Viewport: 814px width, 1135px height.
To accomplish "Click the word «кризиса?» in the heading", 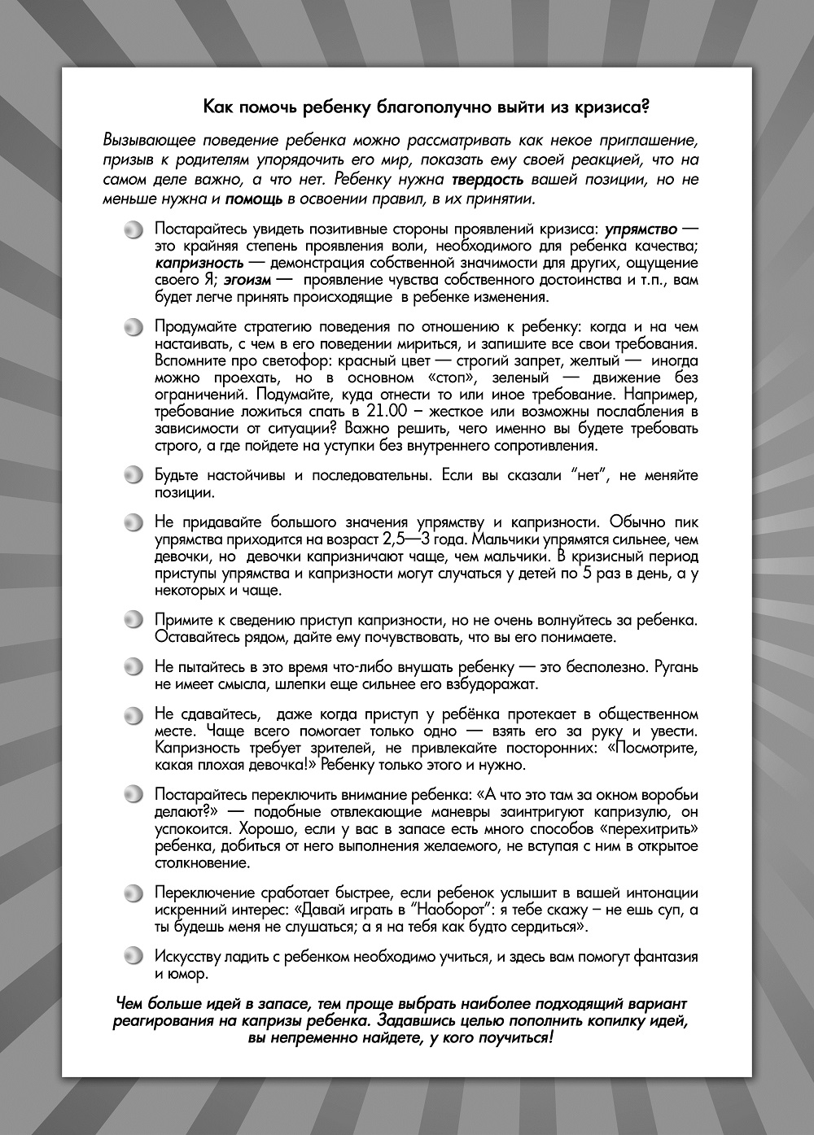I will tap(610, 106).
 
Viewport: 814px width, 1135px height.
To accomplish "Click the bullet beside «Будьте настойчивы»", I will tap(133, 475).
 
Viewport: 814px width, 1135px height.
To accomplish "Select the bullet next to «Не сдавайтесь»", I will tap(133, 715).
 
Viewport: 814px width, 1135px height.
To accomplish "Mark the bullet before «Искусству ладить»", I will tap(133, 957).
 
